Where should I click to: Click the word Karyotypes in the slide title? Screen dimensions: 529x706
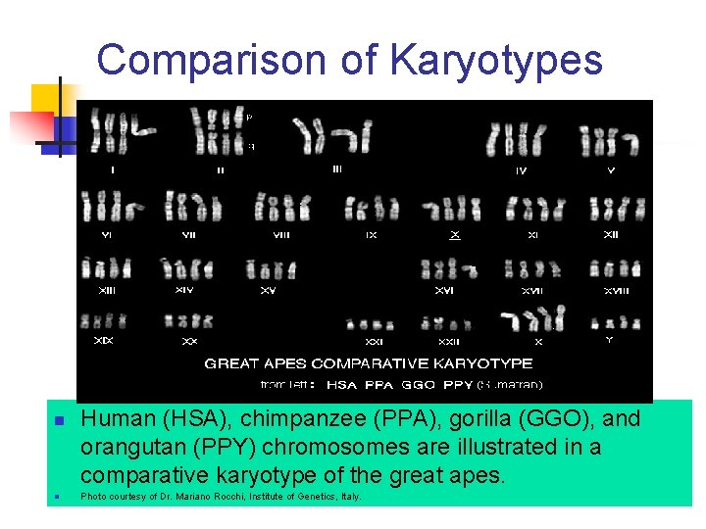pyautogui.click(x=495, y=60)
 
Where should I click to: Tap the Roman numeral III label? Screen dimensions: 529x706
pyautogui.click(x=336, y=168)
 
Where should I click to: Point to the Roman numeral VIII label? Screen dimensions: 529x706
pyautogui.click(x=281, y=235)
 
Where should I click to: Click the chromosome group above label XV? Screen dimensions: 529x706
pyautogui.click(x=270, y=268)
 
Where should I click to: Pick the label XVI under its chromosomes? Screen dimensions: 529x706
pyautogui.click(x=444, y=289)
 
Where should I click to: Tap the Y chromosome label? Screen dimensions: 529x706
pyautogui.click(x=609, y=340)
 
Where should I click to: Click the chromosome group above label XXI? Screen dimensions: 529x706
pyautogui.click(x=372, y=324)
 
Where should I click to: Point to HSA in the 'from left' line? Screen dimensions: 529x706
pyautogui.click(x=342, y=385)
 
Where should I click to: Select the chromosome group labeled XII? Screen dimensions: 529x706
pyautogui.click(x=611, y=209)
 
